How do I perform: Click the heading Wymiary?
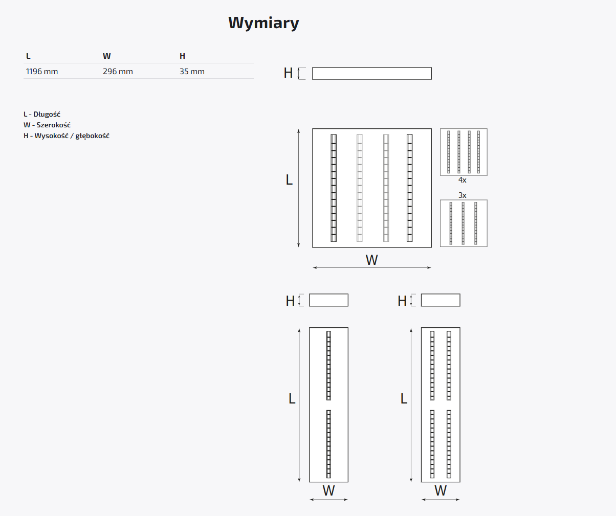pyautogui.click(x=263, y=23)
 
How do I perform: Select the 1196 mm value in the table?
pyautogui.click(x=42, y=72)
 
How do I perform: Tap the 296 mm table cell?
pyautogui.click(x=118, y=72)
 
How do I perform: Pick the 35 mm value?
pyautogui.click(x=192, y=72)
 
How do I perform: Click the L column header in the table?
pyautogui.click(x=28, y=56)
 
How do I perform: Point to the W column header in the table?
pyautogui.click(x=106, y=56)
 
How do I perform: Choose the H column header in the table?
pyautogui.click(x=182, y=56)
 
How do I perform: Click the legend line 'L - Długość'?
pyautogui.click(x=42, y=115)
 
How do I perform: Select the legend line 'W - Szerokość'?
pyautogui.click(x=47, y=125)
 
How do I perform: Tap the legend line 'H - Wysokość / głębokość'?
pyautogui.click(x=67, y=136)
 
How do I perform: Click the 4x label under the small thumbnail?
pyautogui.click(x=463, y=180)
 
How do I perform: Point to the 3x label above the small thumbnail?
pyautogui.click(x=463, y=195)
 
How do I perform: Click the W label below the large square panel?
pyautogui.click(x=371, y=260)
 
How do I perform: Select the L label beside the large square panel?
pyautogui.click(x=289, y=180)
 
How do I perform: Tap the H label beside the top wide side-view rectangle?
pyautogui.click(x=288, y=73)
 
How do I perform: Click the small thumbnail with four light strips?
pyautogui.click(x=464, y=152)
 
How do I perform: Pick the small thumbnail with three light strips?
pyautogui.click(x=464, y=223)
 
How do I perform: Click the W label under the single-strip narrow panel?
pyautogui.click(x=328, y=491)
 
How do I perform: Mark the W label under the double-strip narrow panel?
pyautogui.click(x=441, y=491)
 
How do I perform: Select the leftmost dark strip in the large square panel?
pyautogui.click(x=334, y=188)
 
